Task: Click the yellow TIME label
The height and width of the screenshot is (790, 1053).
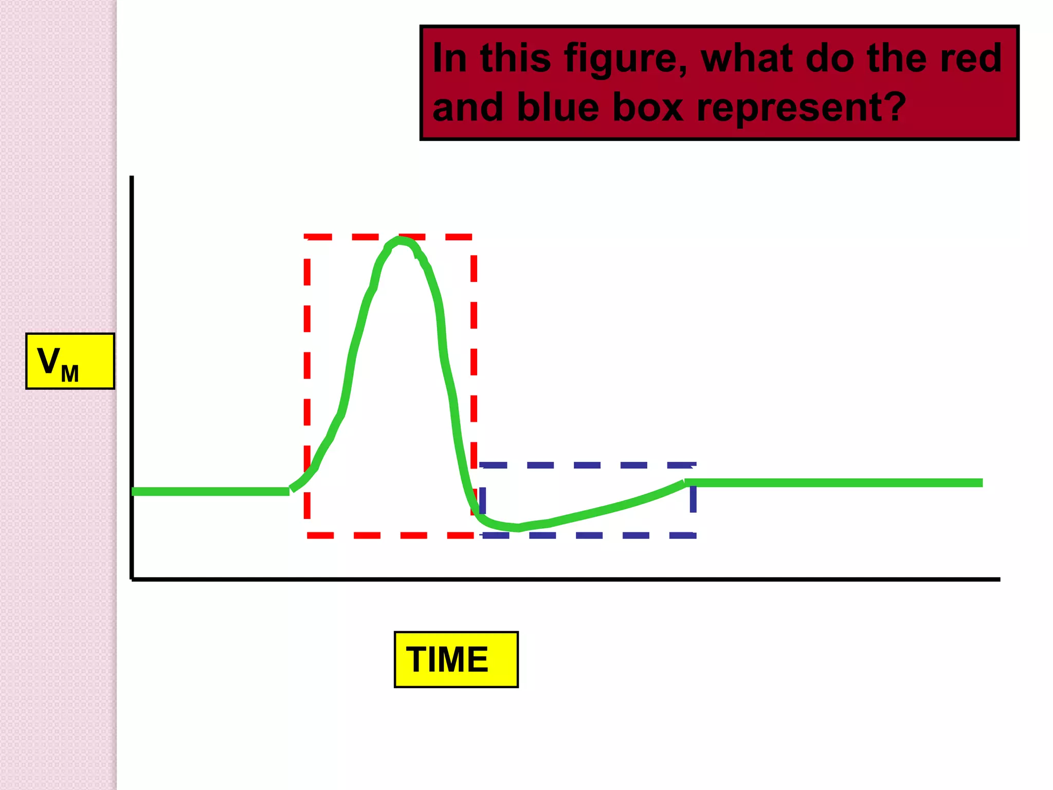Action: [456, 659]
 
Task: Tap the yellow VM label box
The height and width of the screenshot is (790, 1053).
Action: [70, 361]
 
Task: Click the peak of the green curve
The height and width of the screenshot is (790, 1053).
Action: [400, 240]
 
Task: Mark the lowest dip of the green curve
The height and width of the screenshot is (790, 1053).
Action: [517, 528]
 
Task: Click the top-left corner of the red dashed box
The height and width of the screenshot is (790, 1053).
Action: [307, 237]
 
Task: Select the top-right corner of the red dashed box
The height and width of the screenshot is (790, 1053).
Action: [474, 237]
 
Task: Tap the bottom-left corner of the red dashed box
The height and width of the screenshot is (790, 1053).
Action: [307, 535]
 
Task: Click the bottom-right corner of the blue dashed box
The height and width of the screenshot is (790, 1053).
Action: [694, 535]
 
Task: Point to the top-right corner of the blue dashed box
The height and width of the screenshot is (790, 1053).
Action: [694, 465]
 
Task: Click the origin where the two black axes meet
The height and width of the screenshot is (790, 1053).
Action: [132, 579]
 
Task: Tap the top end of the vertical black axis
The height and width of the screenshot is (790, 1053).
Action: [132, 177]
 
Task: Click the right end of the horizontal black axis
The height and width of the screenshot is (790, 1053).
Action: [999, 579]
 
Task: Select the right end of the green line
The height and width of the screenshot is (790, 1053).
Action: [981, 482]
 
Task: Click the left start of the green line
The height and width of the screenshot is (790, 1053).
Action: [134, 492]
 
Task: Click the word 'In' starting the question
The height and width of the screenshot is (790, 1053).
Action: [449, 59]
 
